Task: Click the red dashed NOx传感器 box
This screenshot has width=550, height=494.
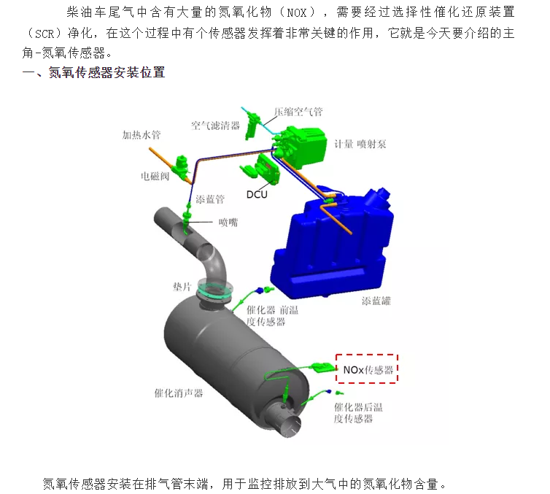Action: [367, 369]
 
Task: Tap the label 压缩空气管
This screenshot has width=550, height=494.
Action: [298, 112]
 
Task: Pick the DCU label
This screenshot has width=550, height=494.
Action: [257, 194]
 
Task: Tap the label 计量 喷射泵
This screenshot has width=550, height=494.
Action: [360, 144]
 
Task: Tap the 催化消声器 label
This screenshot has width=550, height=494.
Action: [179, 393]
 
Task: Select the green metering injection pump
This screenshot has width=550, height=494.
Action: [301, 139]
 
